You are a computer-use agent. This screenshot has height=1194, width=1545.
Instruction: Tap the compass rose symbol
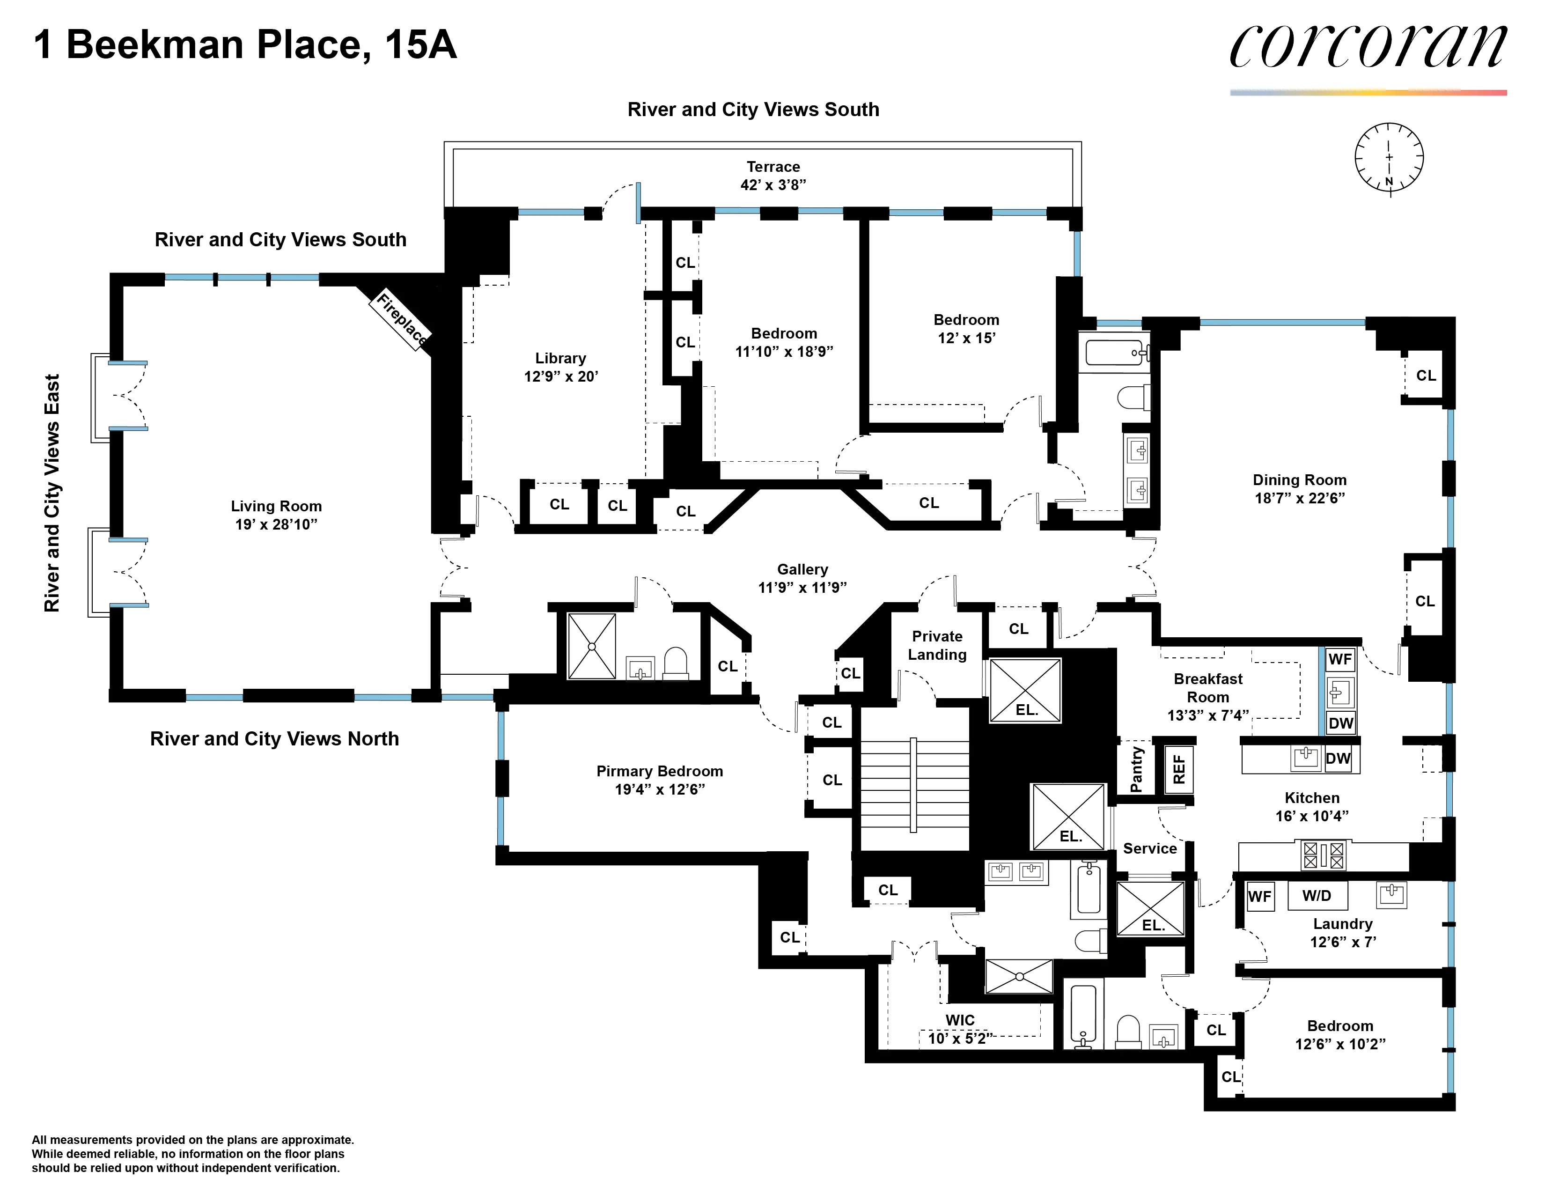(1389, 157)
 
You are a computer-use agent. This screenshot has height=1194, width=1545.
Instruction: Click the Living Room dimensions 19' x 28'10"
(276, 524)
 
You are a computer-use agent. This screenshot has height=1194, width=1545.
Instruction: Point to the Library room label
(560, 358)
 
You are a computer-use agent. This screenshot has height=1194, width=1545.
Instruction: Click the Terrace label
(773, 167)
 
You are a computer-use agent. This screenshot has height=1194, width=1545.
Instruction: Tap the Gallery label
(802, 569)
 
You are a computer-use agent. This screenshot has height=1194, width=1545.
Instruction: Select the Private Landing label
(937, 645)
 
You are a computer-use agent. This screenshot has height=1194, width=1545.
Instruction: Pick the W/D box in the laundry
(1317, 895)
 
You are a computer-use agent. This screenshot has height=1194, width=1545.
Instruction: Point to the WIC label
(960, 1020)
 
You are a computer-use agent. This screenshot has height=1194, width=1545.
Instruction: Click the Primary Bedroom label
(659, 771)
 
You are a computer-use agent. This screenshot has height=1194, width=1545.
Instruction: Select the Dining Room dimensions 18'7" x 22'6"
(1300, 498)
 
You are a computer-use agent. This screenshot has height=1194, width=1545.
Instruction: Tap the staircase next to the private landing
(914, 785)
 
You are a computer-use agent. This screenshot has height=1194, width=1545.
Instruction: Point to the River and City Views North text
(274, 738)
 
